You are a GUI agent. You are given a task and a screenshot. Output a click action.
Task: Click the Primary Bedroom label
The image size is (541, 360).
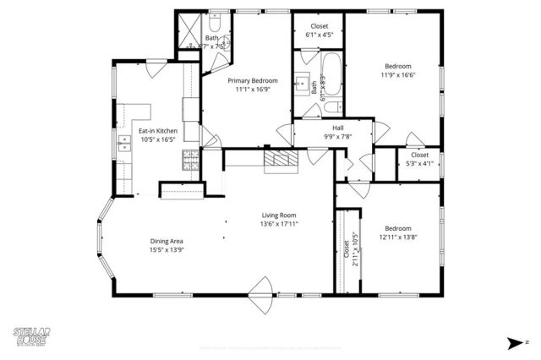click(x=253, y=80)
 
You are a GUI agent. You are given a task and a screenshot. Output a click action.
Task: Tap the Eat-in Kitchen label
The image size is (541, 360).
click(x=158, y=131)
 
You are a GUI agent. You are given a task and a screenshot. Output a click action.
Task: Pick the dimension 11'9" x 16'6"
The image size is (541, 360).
click(x=397, y=74)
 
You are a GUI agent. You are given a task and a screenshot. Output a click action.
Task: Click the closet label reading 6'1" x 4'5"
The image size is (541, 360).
click(x=320, y=35)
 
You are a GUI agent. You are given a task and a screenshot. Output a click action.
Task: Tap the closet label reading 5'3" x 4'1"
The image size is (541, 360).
click(x=419, y=164)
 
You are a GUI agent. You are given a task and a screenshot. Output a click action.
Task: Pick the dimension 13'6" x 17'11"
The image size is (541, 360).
click(x=279, y=224)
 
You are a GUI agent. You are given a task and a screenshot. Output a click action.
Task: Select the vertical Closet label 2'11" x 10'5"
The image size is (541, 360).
click(x=347, y=249)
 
